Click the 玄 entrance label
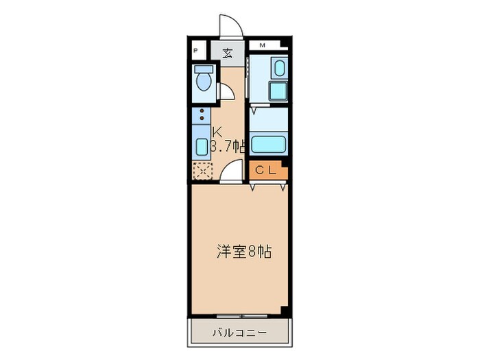[226, 52]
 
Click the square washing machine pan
[277, 92]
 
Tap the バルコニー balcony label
[239, 333]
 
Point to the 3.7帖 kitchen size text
[229, 146]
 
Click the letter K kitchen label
[217, 132]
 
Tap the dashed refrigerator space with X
[203, 171]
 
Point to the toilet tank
[204, 69]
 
